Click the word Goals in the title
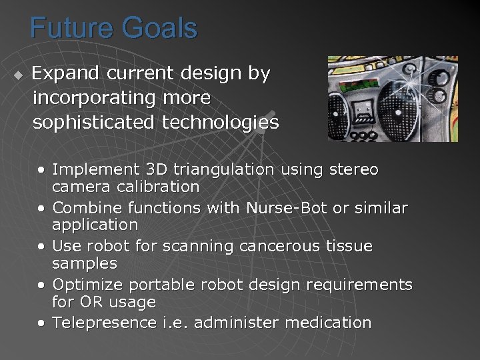[160, 29]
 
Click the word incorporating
[93, 98]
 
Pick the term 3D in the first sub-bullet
[137, 170]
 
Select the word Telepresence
[105, 323]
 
